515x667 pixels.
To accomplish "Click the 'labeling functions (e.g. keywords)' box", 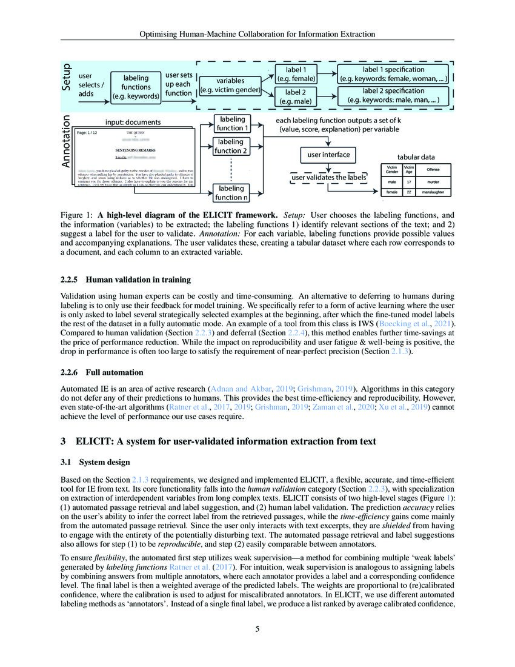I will [136, 87].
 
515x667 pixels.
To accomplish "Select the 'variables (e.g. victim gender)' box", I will [230, 85].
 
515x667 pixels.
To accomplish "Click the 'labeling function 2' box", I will [233, 146].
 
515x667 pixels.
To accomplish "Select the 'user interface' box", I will [328, 155].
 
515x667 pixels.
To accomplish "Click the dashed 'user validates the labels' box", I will [329, 177].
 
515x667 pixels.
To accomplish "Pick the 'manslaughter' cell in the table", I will [433, 192].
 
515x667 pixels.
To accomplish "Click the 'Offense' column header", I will [433, 169].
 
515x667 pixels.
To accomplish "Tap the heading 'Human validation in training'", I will [138, 280].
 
